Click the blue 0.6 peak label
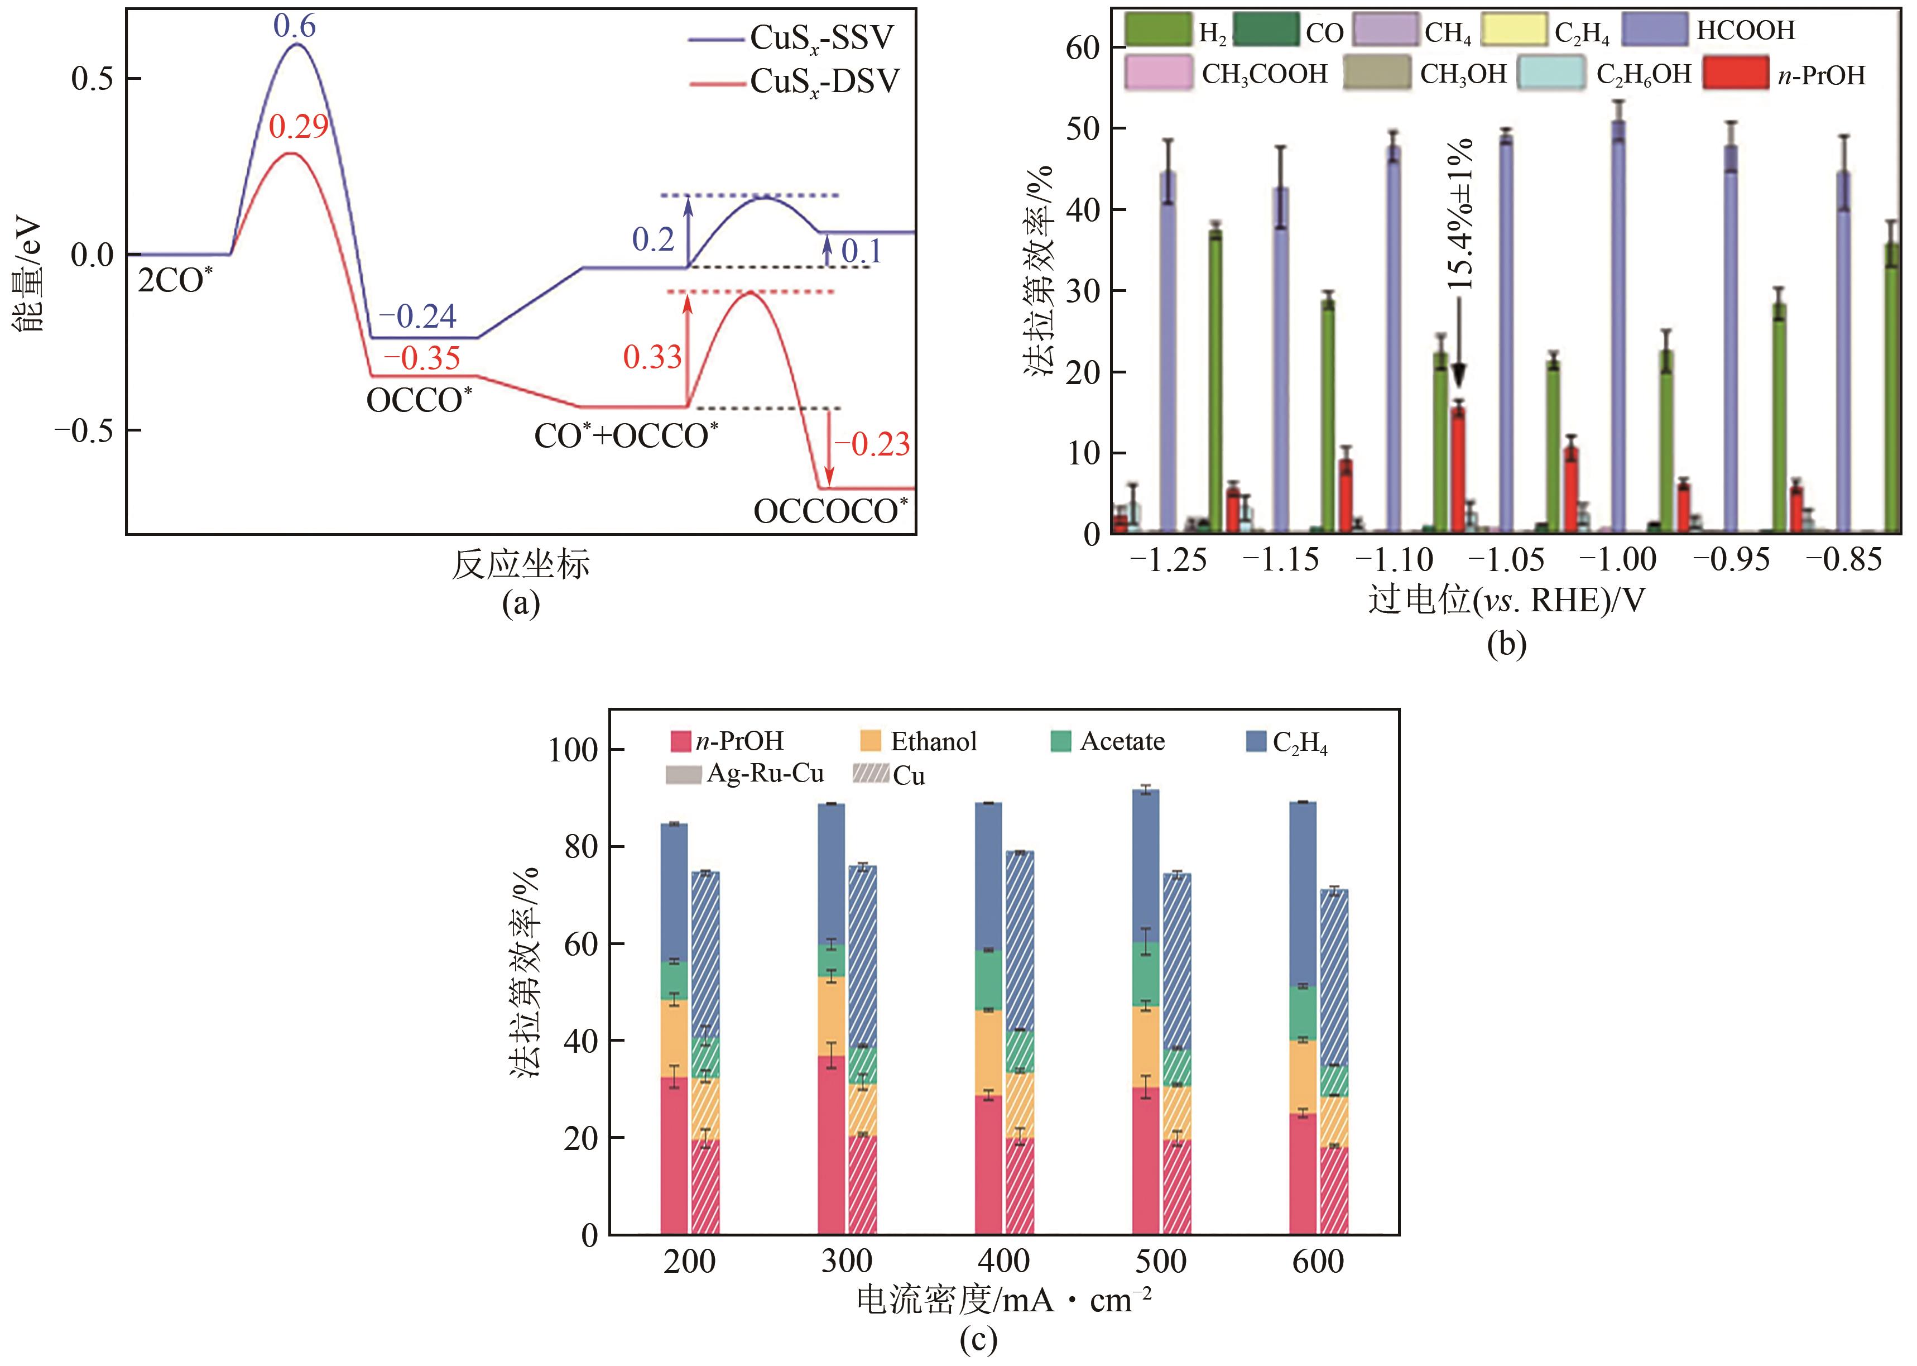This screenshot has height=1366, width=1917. coord(294,26)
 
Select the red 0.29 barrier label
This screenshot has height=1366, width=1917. coord(299,127)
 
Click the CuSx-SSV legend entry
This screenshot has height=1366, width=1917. coord(820,39)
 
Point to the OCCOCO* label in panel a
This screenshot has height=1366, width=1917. coord(830,511)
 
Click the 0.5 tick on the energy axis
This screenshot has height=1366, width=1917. coord(93,79)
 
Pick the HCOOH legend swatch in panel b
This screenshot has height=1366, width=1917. coord(1654,30)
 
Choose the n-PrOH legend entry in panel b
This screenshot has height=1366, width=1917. coord(1821,75)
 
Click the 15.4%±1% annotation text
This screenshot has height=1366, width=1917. coord(1461,214)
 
